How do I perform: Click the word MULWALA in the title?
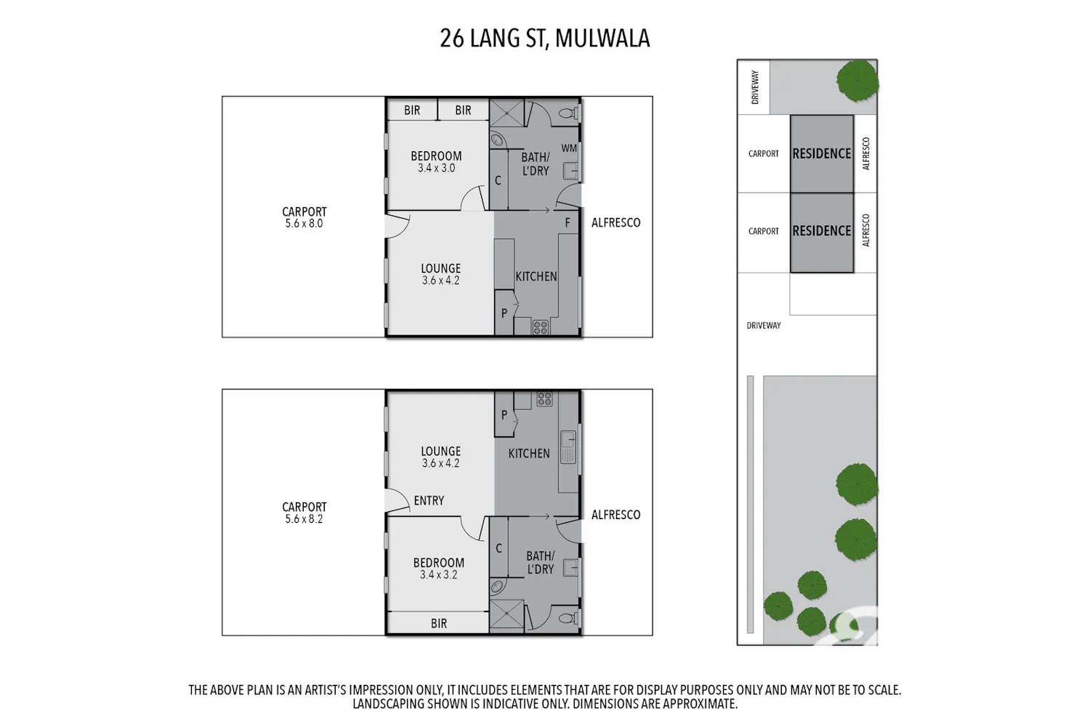(602, 39)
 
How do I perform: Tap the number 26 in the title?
(452, 39)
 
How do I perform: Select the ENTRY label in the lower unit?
(429, 501)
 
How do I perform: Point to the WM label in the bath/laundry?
(569, 148)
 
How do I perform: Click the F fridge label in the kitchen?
(568, 223)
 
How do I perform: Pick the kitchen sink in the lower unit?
(568, 446)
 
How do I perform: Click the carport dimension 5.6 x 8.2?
(304, 519)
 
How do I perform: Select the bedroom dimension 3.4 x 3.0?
(437, 168)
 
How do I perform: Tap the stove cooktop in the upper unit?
(541, 327)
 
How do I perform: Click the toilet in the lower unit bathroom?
(568, 619)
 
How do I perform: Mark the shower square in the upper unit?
(506, 113)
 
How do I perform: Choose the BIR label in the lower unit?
(439, 623)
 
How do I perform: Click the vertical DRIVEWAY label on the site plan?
(755, 87)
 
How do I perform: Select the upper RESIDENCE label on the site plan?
(821, 153)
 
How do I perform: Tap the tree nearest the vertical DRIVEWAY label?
(857, 81)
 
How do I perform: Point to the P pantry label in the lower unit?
(504, 415)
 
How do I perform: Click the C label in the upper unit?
(498, 180)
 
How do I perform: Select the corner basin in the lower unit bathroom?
(497, 587)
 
